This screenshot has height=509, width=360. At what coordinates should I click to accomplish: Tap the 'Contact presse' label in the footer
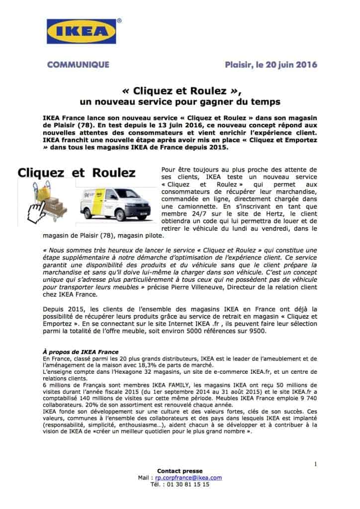[x=180, y=471]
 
